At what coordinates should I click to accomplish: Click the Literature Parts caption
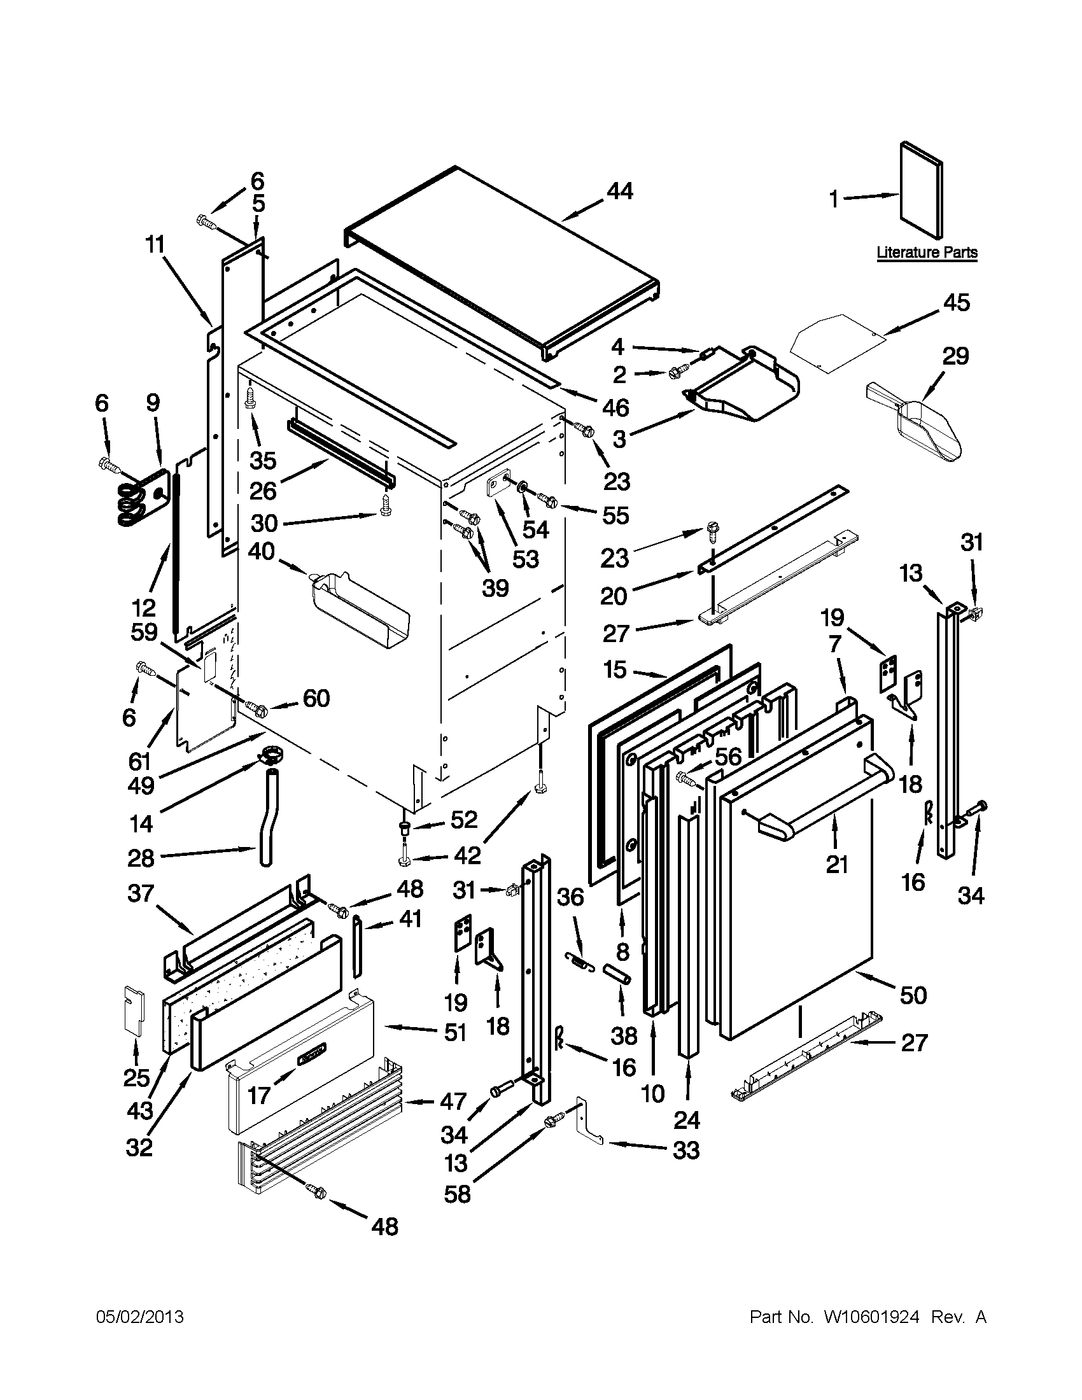tap(927, 253)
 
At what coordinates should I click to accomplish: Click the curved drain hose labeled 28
tap(269, 820)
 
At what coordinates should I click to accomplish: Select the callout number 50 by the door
tap(913, 995)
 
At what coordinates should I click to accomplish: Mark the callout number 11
tap(154, 244)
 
